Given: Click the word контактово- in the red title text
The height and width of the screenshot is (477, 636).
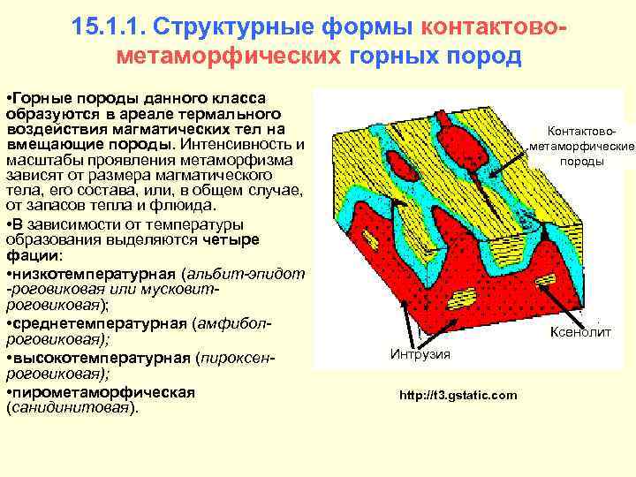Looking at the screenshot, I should pos(494,25).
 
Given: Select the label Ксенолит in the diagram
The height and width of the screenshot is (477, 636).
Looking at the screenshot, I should pos(580,332).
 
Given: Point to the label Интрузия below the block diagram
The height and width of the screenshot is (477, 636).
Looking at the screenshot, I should pos(420,354).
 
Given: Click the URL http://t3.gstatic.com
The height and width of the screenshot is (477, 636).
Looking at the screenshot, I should pos(458,395).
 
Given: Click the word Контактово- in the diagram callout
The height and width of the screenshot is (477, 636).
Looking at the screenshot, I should pos(581,130).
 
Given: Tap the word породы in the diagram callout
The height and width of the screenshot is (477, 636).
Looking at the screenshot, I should pos(581,162).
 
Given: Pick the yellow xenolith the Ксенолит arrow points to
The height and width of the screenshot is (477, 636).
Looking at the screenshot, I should pos(546,280).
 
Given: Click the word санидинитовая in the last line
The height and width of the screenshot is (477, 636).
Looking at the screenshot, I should pos(68,408).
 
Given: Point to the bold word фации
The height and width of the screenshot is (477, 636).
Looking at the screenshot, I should pos(31,255).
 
